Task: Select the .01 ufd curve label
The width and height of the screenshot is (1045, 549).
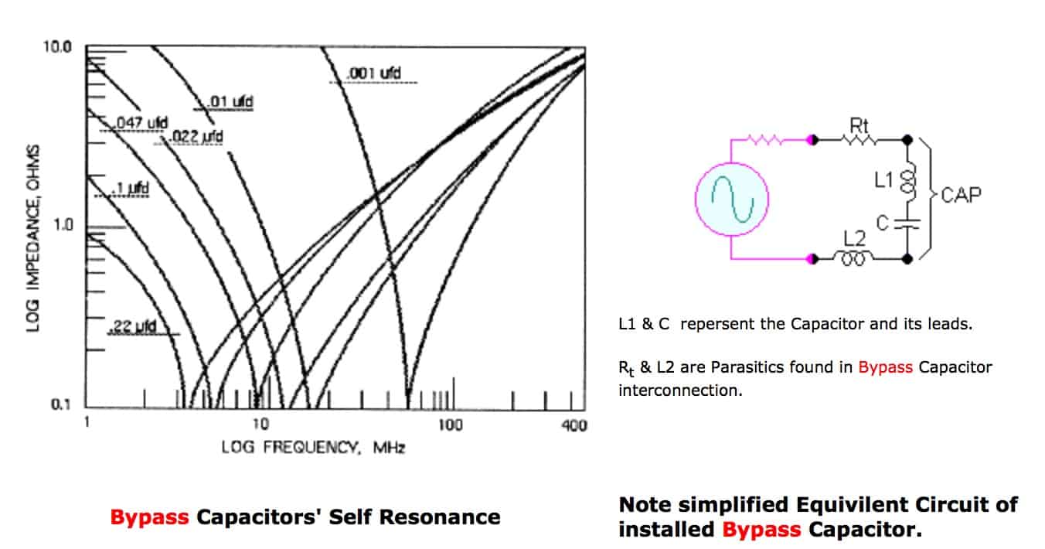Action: pyautogui.click(x=231, y=101)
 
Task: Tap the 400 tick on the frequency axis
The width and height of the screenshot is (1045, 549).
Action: pyautogui.click(x=574, y=425)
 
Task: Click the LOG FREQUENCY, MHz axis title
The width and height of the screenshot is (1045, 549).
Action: pyautogui.click(x=313, y=447)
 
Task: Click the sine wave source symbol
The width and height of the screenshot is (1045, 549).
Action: pyautogui.click(x=731, y=199)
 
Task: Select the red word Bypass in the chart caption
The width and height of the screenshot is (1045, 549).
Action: pyautogui.click(x=150, y=517)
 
